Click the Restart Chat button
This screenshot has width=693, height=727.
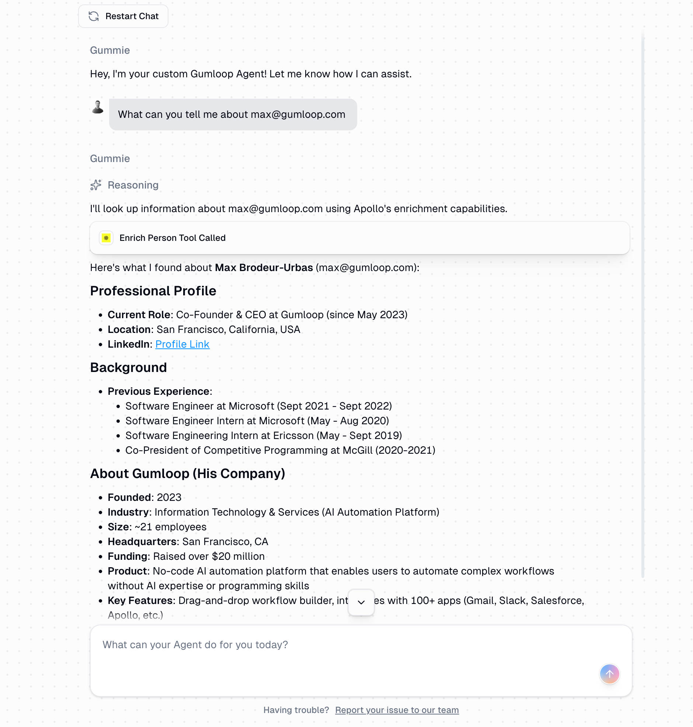pos(123,16)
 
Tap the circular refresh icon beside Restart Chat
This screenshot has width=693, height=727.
pos(94,16)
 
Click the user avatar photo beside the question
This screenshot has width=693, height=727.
pos(98,107)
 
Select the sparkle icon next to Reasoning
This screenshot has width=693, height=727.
pos(96,185)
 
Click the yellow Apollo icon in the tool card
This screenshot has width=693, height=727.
pos(106,238)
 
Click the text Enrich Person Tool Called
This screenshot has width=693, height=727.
pos(172,238)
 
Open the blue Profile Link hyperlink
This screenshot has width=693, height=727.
pos(182,344)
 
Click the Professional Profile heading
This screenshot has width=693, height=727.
pos(153,291)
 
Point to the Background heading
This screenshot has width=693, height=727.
pos(128,368)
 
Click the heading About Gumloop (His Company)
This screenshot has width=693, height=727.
pos(187,474)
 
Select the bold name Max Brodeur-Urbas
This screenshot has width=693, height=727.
pos(264,267)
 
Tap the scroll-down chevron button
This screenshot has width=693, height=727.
pos(361,602)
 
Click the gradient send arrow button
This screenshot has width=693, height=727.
pos(609,674)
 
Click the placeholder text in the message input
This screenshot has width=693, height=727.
pos(195,645)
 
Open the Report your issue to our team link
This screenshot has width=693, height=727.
pos(397,710)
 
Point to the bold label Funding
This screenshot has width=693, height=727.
pos(128,556)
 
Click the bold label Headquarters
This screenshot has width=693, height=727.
pos(142,542)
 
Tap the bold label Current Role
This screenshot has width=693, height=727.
pos(139,315)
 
